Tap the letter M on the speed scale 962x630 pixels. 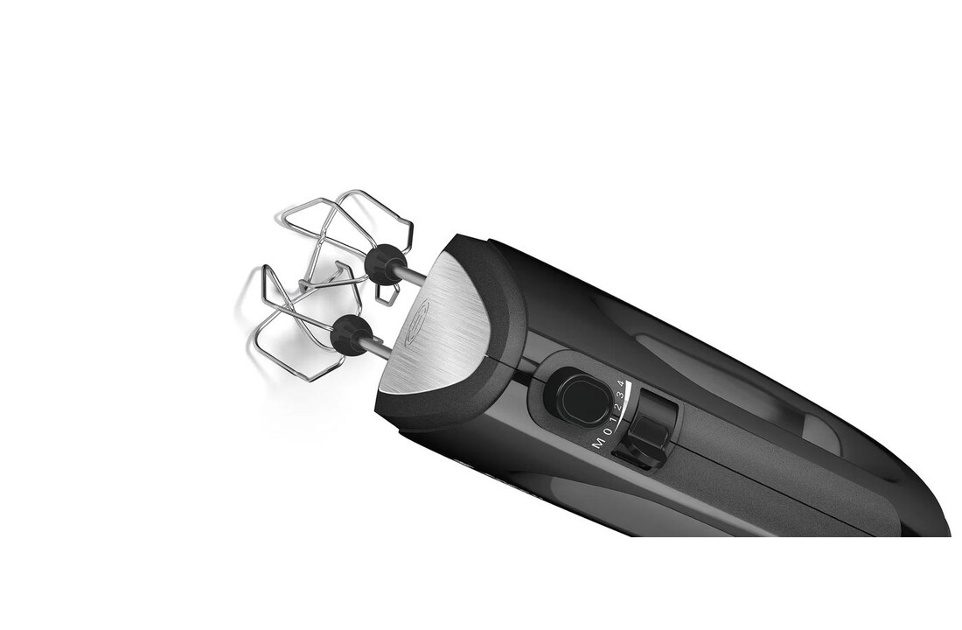coord(598,444)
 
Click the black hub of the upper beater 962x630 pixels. coord(384,262)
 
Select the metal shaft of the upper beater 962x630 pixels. coord(414,275)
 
